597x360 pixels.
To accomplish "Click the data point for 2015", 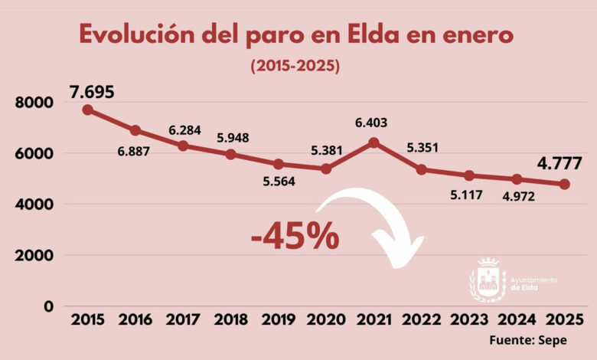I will click(x=88, y=110).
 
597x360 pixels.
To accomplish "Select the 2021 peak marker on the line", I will click(x=373, y=142).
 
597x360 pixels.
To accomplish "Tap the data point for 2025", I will click(x=564, y=184).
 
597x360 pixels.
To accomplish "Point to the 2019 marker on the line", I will click(x=278, y=164).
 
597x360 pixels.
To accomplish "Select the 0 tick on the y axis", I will click(x=48, y=306).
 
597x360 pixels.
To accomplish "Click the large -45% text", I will click(x=295, y=237).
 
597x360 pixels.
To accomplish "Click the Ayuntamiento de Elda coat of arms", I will click(x=487, y=280).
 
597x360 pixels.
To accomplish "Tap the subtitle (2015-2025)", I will click(x=295, y=67).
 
